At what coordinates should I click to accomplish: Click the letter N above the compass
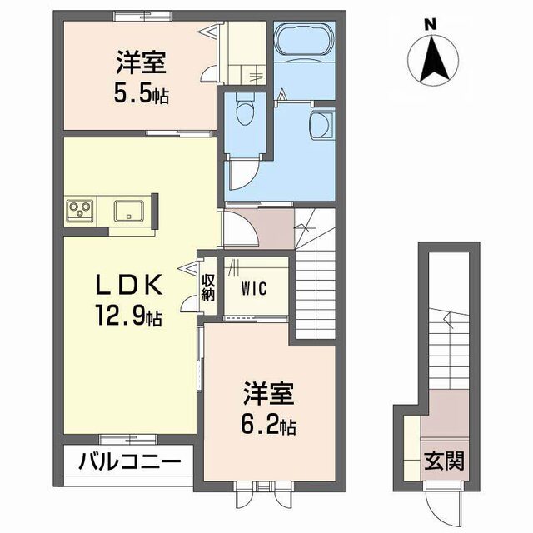coord(431,24)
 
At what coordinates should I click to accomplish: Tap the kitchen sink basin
coord(128,209)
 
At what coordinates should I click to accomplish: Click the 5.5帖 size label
coord(142,94)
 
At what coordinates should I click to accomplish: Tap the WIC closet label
coord(254,290)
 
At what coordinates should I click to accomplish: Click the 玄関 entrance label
coord(442,460)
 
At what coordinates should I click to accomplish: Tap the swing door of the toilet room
coord(243,172)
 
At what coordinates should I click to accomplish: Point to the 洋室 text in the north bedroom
coord(141,62)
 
